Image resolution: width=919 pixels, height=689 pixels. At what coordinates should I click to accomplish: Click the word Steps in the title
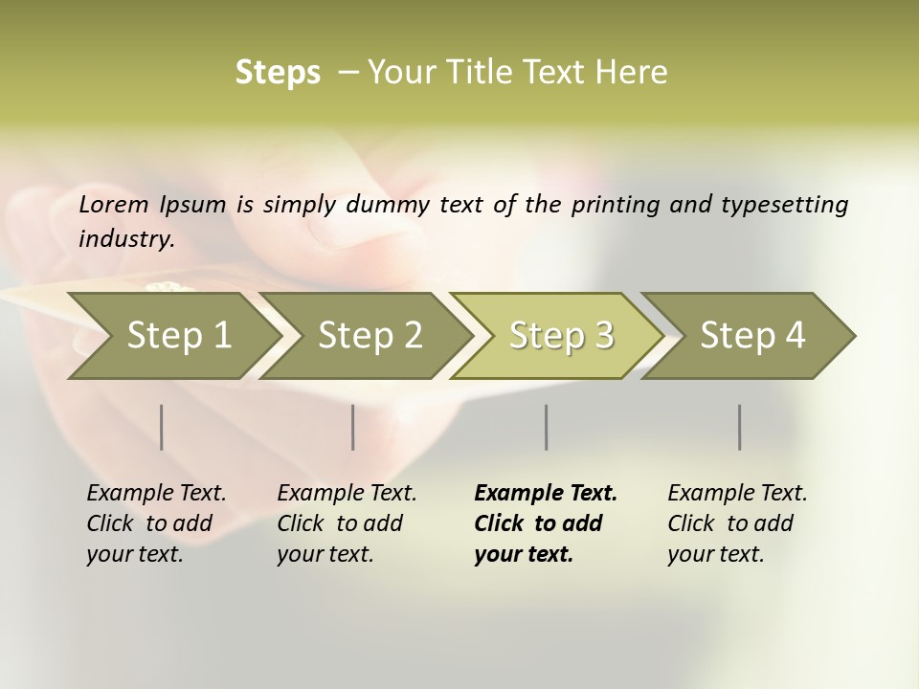click(278, 73)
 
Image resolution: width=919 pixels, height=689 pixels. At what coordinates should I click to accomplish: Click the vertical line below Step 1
click(162, 427)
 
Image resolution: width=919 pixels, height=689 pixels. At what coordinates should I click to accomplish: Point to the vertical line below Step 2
click(353, 427)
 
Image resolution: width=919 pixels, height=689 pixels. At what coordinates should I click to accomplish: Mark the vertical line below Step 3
click(547, 427)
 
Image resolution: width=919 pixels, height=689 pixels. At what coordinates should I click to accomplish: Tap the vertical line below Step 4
click(740, 427)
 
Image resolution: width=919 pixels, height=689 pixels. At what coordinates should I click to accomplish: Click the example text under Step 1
click(156, 523)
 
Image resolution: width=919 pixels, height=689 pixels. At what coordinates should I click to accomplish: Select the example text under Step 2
click(347, 523)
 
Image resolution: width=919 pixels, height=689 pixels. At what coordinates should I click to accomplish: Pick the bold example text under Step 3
click(546, 523)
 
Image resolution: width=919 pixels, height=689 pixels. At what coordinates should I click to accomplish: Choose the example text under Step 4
click(737, 523)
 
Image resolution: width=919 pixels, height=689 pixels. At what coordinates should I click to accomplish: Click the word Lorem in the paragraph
click(114, 205)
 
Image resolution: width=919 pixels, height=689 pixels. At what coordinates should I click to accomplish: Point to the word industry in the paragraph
click(125, 239)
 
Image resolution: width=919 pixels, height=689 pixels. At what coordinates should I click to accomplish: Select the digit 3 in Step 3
click(603, 336)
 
